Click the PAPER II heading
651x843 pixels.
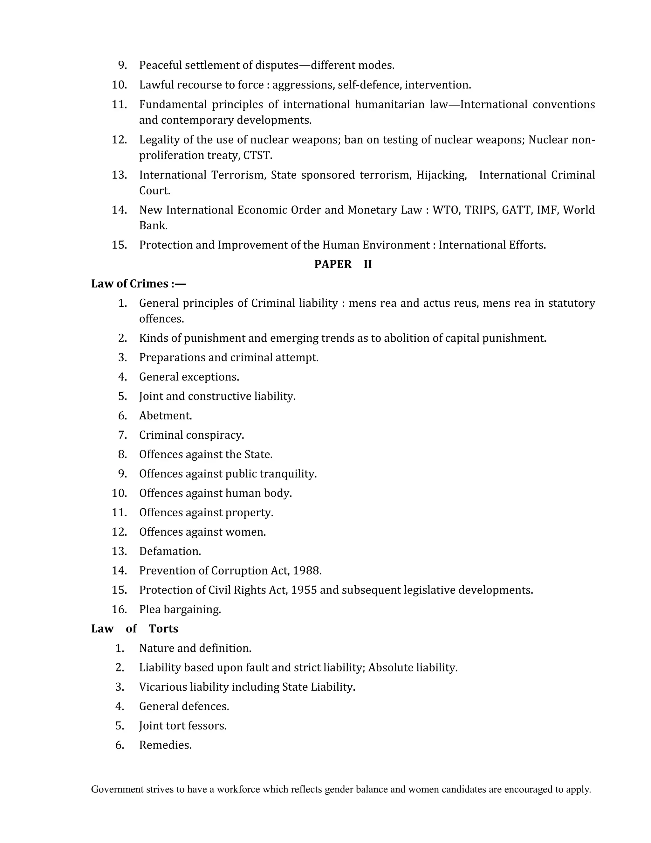(x=343, y=264)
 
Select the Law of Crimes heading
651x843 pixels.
(x=138, y=284)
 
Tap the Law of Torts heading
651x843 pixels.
(x=134, y=629)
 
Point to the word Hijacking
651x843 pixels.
(x=441, y=175)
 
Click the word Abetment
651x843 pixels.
(x=165, y=416)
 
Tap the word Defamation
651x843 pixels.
(x=170, y=551)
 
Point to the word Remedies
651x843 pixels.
(x=165, y=745)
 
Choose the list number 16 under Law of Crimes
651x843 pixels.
(x=119, y=610)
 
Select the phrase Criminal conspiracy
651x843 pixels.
(x=191, y=435)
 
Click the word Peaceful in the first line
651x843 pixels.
(x=160, y=65)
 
